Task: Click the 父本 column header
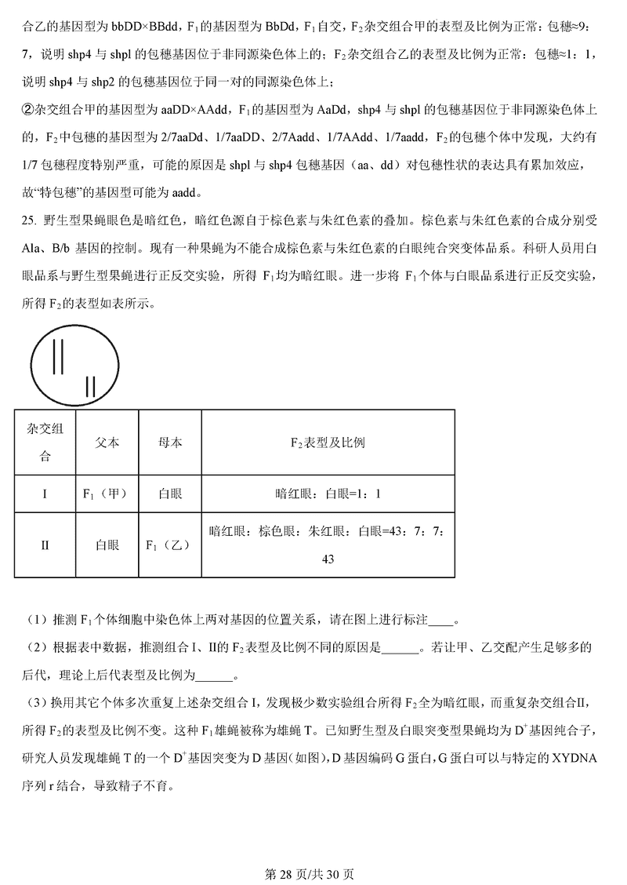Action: pyautogui.click(x=107, y=442)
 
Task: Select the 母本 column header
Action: pyautogui.click(x=170, y=442)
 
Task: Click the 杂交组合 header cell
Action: pyautogui.click(x=45, y=442)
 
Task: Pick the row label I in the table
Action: pyautogui.click(x=45, y=494)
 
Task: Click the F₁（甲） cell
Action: pyautogui.click(x=107, y=494)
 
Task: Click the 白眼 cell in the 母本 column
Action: pyautogui.click(x=170, y=494)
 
